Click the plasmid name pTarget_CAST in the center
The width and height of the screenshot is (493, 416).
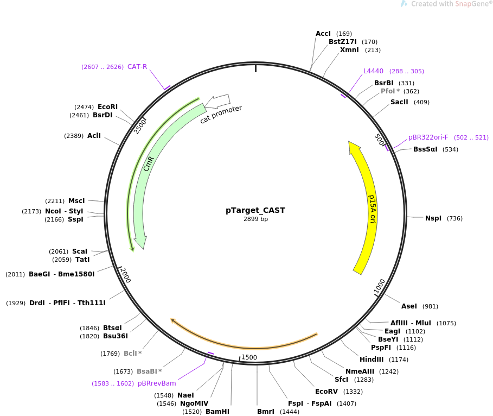255,210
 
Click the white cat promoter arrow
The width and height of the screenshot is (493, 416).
220,100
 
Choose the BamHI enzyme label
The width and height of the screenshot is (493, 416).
217,412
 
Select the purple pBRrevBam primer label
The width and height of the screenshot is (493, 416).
157,383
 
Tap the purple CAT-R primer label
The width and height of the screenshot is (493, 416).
137,67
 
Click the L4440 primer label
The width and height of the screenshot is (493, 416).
373,71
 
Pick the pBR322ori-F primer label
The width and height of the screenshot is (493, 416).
428,137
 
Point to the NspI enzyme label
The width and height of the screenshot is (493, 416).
433,218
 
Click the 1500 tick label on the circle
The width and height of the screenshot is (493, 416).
249,357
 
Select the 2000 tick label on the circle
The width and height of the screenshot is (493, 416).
125,275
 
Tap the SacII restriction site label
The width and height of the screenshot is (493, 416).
399,102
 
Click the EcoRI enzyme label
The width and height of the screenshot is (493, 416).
107,107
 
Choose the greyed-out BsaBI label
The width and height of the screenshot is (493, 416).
146,371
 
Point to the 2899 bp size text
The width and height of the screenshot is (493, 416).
255,219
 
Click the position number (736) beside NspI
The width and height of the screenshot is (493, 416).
454,218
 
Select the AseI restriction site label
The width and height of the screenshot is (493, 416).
409,306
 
